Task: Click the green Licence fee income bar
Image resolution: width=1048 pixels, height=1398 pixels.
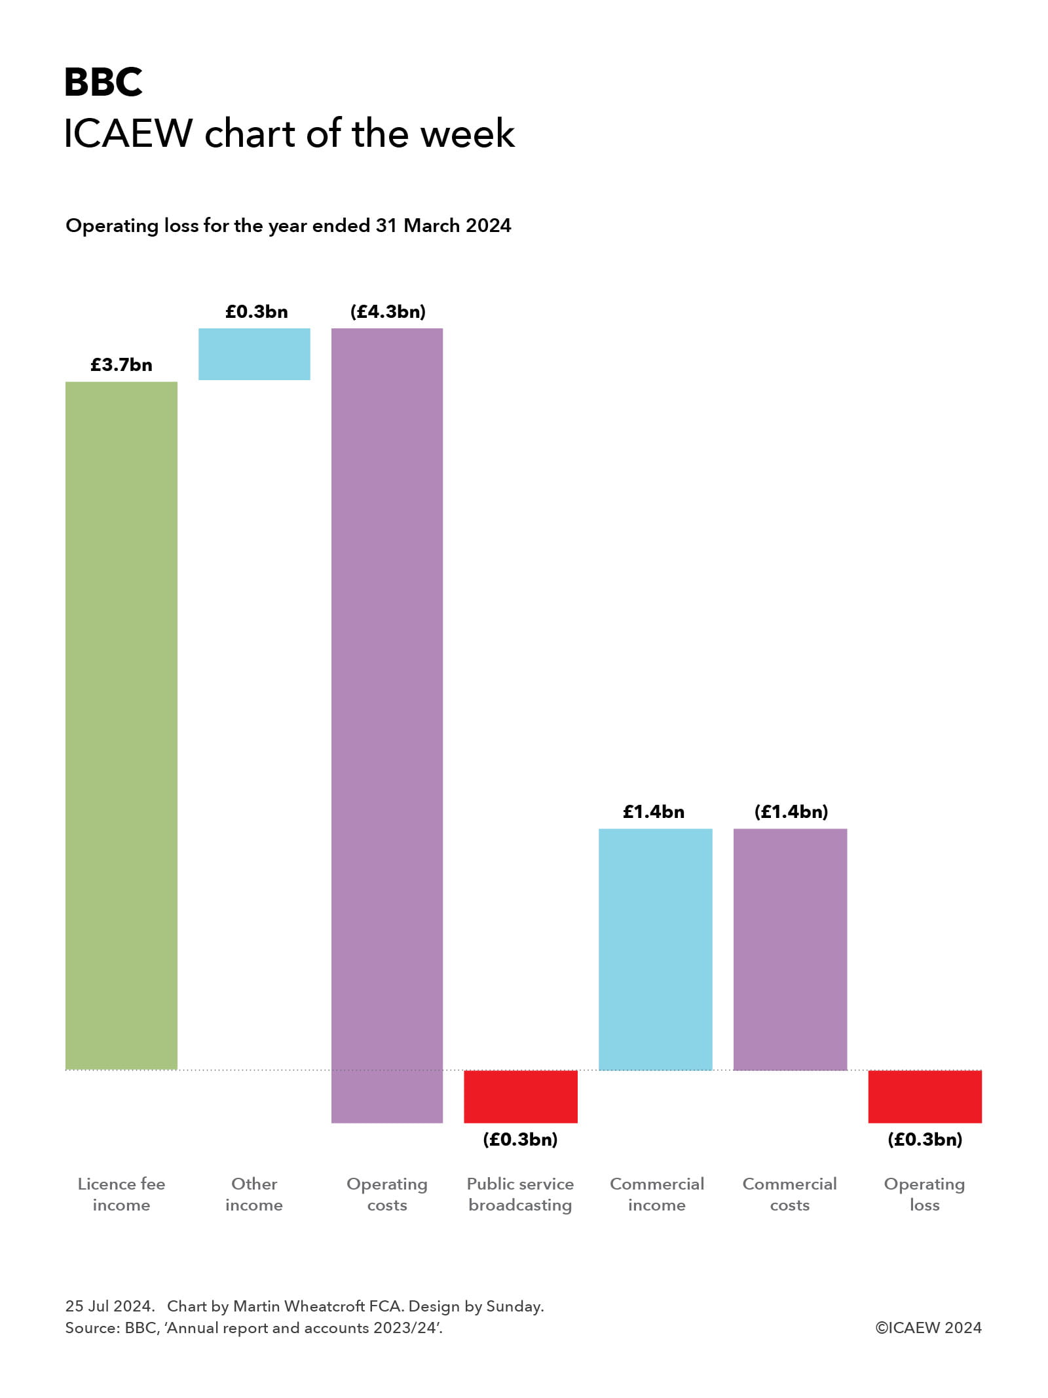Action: click(x=121, y=724)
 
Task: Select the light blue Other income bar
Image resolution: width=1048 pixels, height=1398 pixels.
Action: click(x=254, y=354)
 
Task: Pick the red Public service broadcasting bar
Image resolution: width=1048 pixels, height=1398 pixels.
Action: click(x=521, y=1096)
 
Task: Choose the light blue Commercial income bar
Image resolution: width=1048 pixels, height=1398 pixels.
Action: click(x=655, y=948)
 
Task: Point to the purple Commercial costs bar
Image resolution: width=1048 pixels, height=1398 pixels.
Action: click(x=790, y=948)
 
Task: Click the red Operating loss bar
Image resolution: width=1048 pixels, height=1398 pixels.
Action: click(x=925, y=1096)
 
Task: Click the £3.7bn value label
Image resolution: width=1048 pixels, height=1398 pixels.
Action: click(x=121, y=365)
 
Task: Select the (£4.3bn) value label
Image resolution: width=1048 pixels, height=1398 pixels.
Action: click(x=388, y=311)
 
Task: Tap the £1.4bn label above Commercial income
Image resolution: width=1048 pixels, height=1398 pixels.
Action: click(x=654, y=812)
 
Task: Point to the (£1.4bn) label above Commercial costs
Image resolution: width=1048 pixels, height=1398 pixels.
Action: click(x=791, y=812)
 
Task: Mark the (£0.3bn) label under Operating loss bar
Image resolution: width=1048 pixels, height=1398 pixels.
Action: click(x=925, y=1139)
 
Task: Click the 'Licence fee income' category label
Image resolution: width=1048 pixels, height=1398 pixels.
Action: click(x=121, y=1194)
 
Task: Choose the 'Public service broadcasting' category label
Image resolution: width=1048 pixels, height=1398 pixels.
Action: click(x=520, y=1194)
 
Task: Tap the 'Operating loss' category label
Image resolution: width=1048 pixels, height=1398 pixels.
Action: click(x=924, y=1194)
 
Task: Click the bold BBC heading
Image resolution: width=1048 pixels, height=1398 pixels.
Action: click(x=103, y=83)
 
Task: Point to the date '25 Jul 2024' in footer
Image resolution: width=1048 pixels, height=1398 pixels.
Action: click(x=109, y=1306)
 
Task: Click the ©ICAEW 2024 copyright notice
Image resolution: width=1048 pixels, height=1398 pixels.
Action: click(x=928, y=1327)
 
